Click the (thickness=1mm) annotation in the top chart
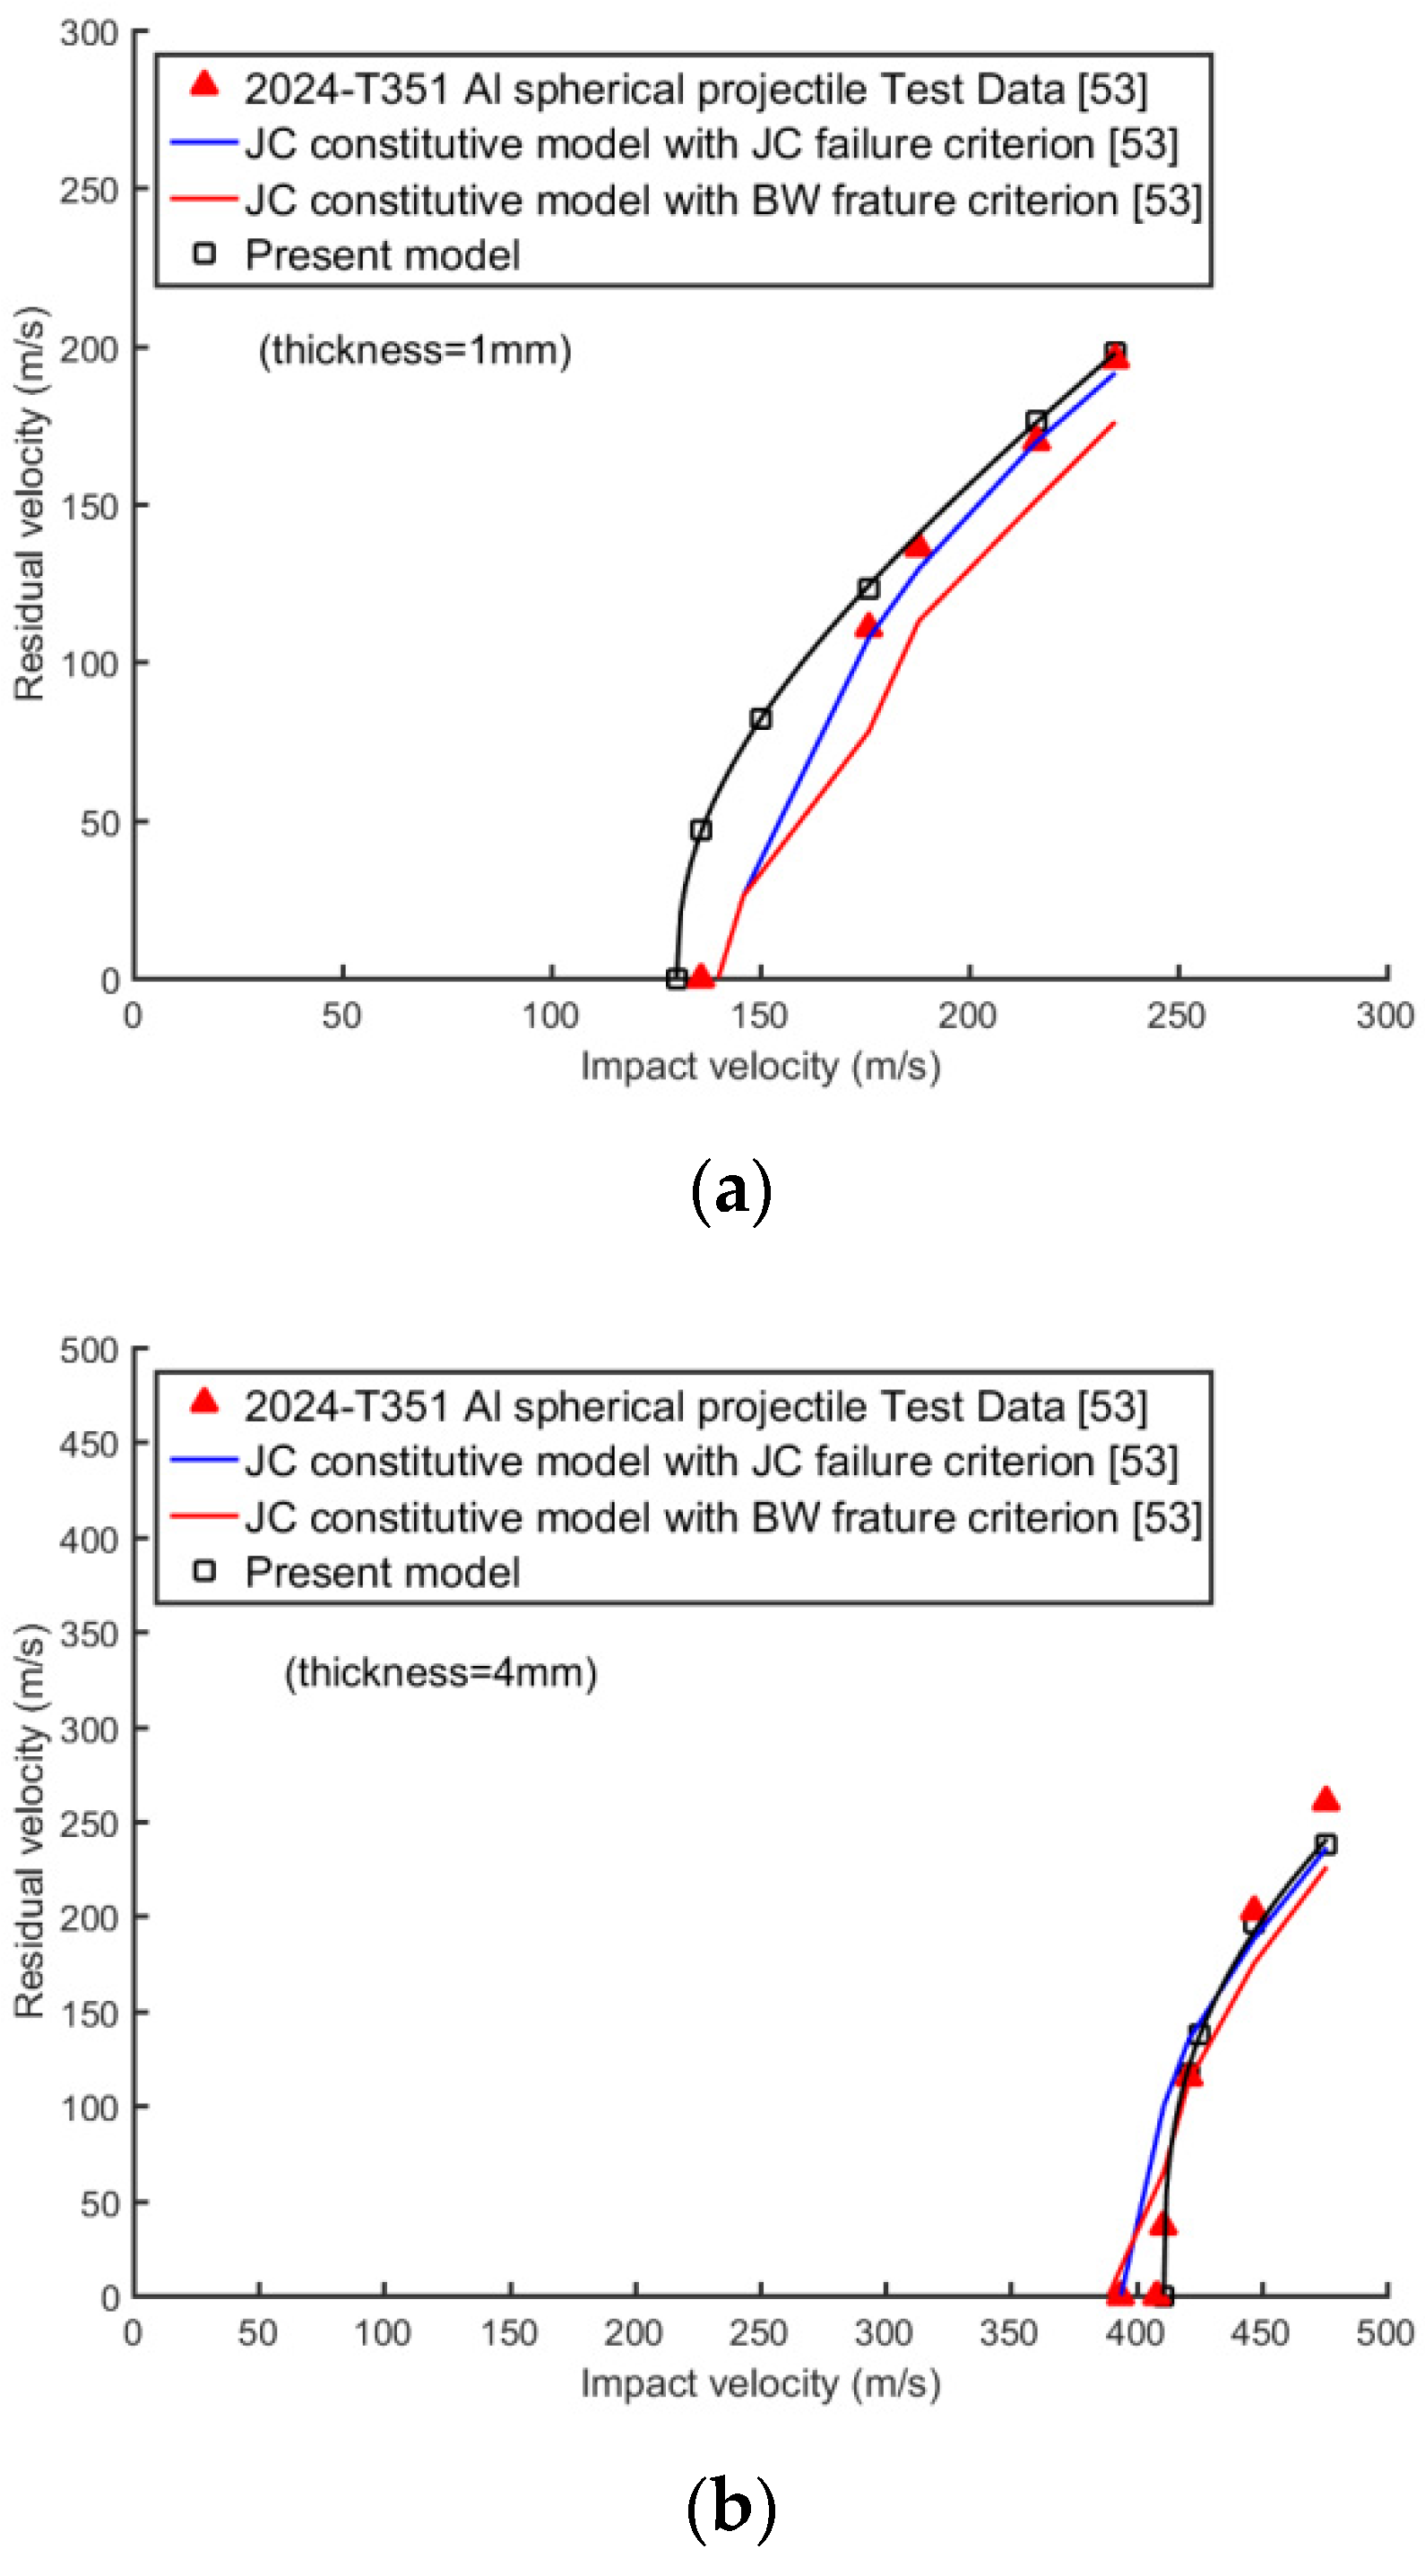point(415,350)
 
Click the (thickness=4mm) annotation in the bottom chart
point(440,1671)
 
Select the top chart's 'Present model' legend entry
point(382,255)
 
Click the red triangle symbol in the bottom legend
point(204,1402)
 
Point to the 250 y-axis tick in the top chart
point(89,190)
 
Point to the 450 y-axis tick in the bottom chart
point(89,1444)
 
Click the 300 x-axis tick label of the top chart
point(1384,1016)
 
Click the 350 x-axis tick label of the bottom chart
point(1008,2333)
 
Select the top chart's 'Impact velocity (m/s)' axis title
point(760,1066)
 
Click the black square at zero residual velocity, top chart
point(677,979)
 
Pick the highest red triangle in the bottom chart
point(1325,1800)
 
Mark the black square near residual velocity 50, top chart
point(701,829)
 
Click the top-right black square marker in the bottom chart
point(1326,1845)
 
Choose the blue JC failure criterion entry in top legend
point(711,144)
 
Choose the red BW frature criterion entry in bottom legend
point(722,1517)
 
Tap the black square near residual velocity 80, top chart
point(760,719)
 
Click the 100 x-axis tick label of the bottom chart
point(383,2333)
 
